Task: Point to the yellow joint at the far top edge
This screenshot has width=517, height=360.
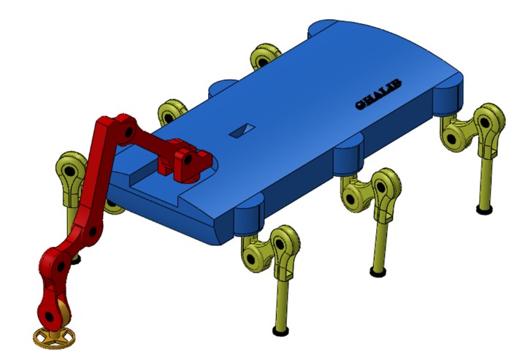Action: [x=266, y=57]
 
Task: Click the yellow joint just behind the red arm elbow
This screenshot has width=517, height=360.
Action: [x=172, y=113]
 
